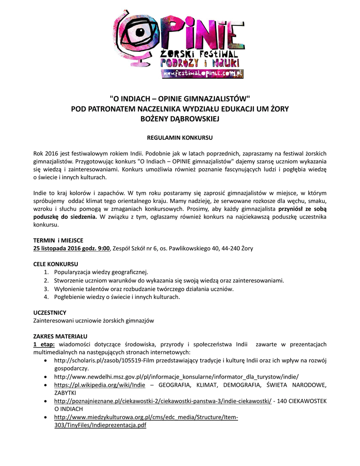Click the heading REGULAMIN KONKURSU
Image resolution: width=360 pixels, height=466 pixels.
click(180, 137)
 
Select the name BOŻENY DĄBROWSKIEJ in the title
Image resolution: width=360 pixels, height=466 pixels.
click(180, 118)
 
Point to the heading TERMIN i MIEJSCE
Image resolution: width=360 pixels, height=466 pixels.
click(58, 240)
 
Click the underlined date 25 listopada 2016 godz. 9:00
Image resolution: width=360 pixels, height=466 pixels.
click(72, 248)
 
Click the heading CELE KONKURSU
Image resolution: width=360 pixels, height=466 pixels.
click(56, 264)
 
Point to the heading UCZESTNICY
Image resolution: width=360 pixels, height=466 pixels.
click(50, 313)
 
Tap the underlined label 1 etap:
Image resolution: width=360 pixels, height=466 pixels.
click(44, 344)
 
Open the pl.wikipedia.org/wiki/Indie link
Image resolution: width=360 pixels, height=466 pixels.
click(100, 385)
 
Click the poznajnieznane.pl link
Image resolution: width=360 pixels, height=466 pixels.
click(162, 401)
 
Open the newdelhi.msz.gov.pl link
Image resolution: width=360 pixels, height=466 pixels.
click(176, 377)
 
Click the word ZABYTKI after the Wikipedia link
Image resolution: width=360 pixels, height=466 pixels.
click(66, 393)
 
